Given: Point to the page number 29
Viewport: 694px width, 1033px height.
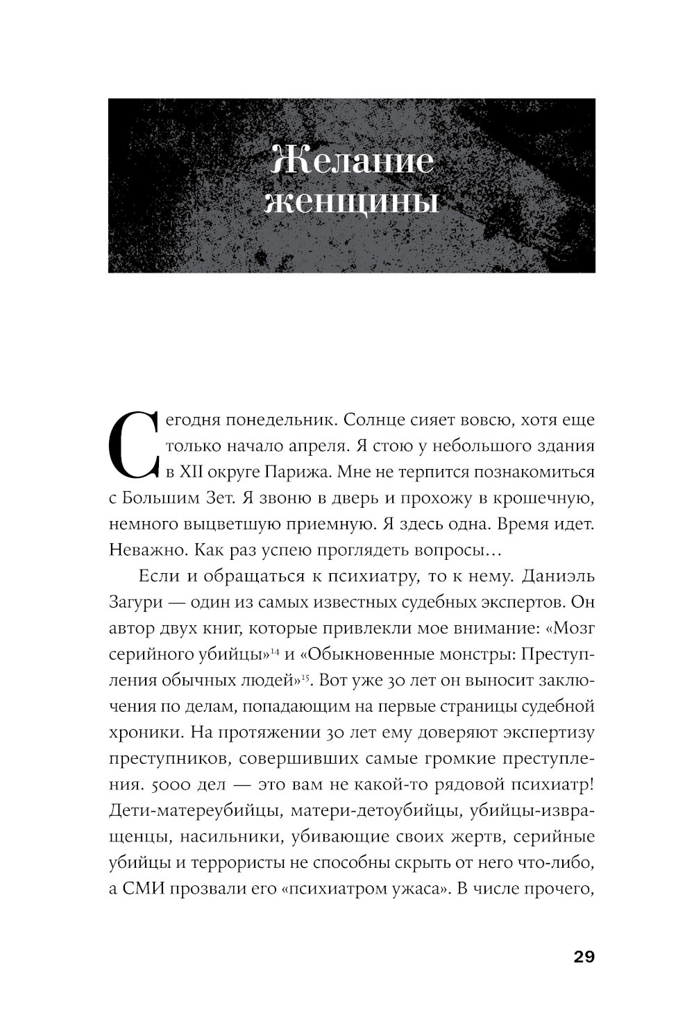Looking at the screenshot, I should [584, 957].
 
